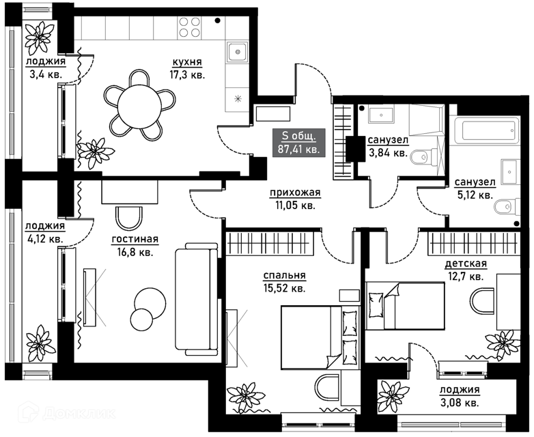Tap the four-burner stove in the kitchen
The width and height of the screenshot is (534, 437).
click(189, 27)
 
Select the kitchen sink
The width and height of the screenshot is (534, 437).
click(238, 52)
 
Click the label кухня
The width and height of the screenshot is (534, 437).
click(187, 62)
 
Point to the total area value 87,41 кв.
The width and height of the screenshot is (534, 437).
click(298, 149)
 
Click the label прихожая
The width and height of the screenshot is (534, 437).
click(295, 193)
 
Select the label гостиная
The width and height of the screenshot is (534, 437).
click(135, 240)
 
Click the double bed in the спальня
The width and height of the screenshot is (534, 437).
click(320, 337)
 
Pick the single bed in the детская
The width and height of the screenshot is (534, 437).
click(405, 306)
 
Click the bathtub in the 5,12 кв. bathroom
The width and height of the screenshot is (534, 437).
click(486, 130)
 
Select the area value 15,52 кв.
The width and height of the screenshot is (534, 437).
click(284, 289)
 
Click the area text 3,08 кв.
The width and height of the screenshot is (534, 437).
click(460, 404)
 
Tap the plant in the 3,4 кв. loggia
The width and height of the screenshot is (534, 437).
click(39, 38)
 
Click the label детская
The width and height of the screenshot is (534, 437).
click(466, 264)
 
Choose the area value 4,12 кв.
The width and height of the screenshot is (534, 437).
click(45, 239)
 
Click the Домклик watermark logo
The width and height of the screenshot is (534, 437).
click(67, 413)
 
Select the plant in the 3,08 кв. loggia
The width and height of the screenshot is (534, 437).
click(395, 395)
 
